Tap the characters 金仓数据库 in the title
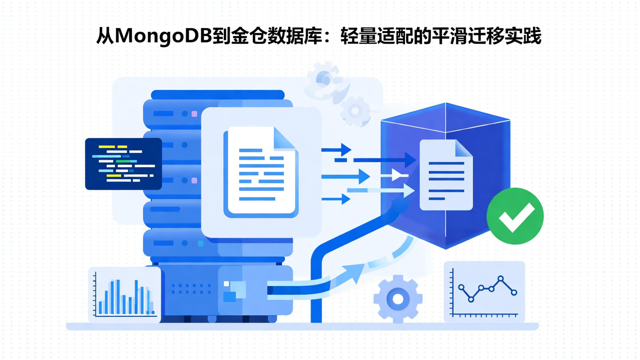[265, 36]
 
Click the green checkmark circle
[515, 216]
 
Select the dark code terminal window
[123, 164]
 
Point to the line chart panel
[484, 291]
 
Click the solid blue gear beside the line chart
[398, 299]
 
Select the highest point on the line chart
[501, 279]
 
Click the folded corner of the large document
[285, 137]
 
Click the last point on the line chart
[514, 292]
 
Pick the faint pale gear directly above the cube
[356, 109]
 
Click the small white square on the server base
[226, 284]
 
